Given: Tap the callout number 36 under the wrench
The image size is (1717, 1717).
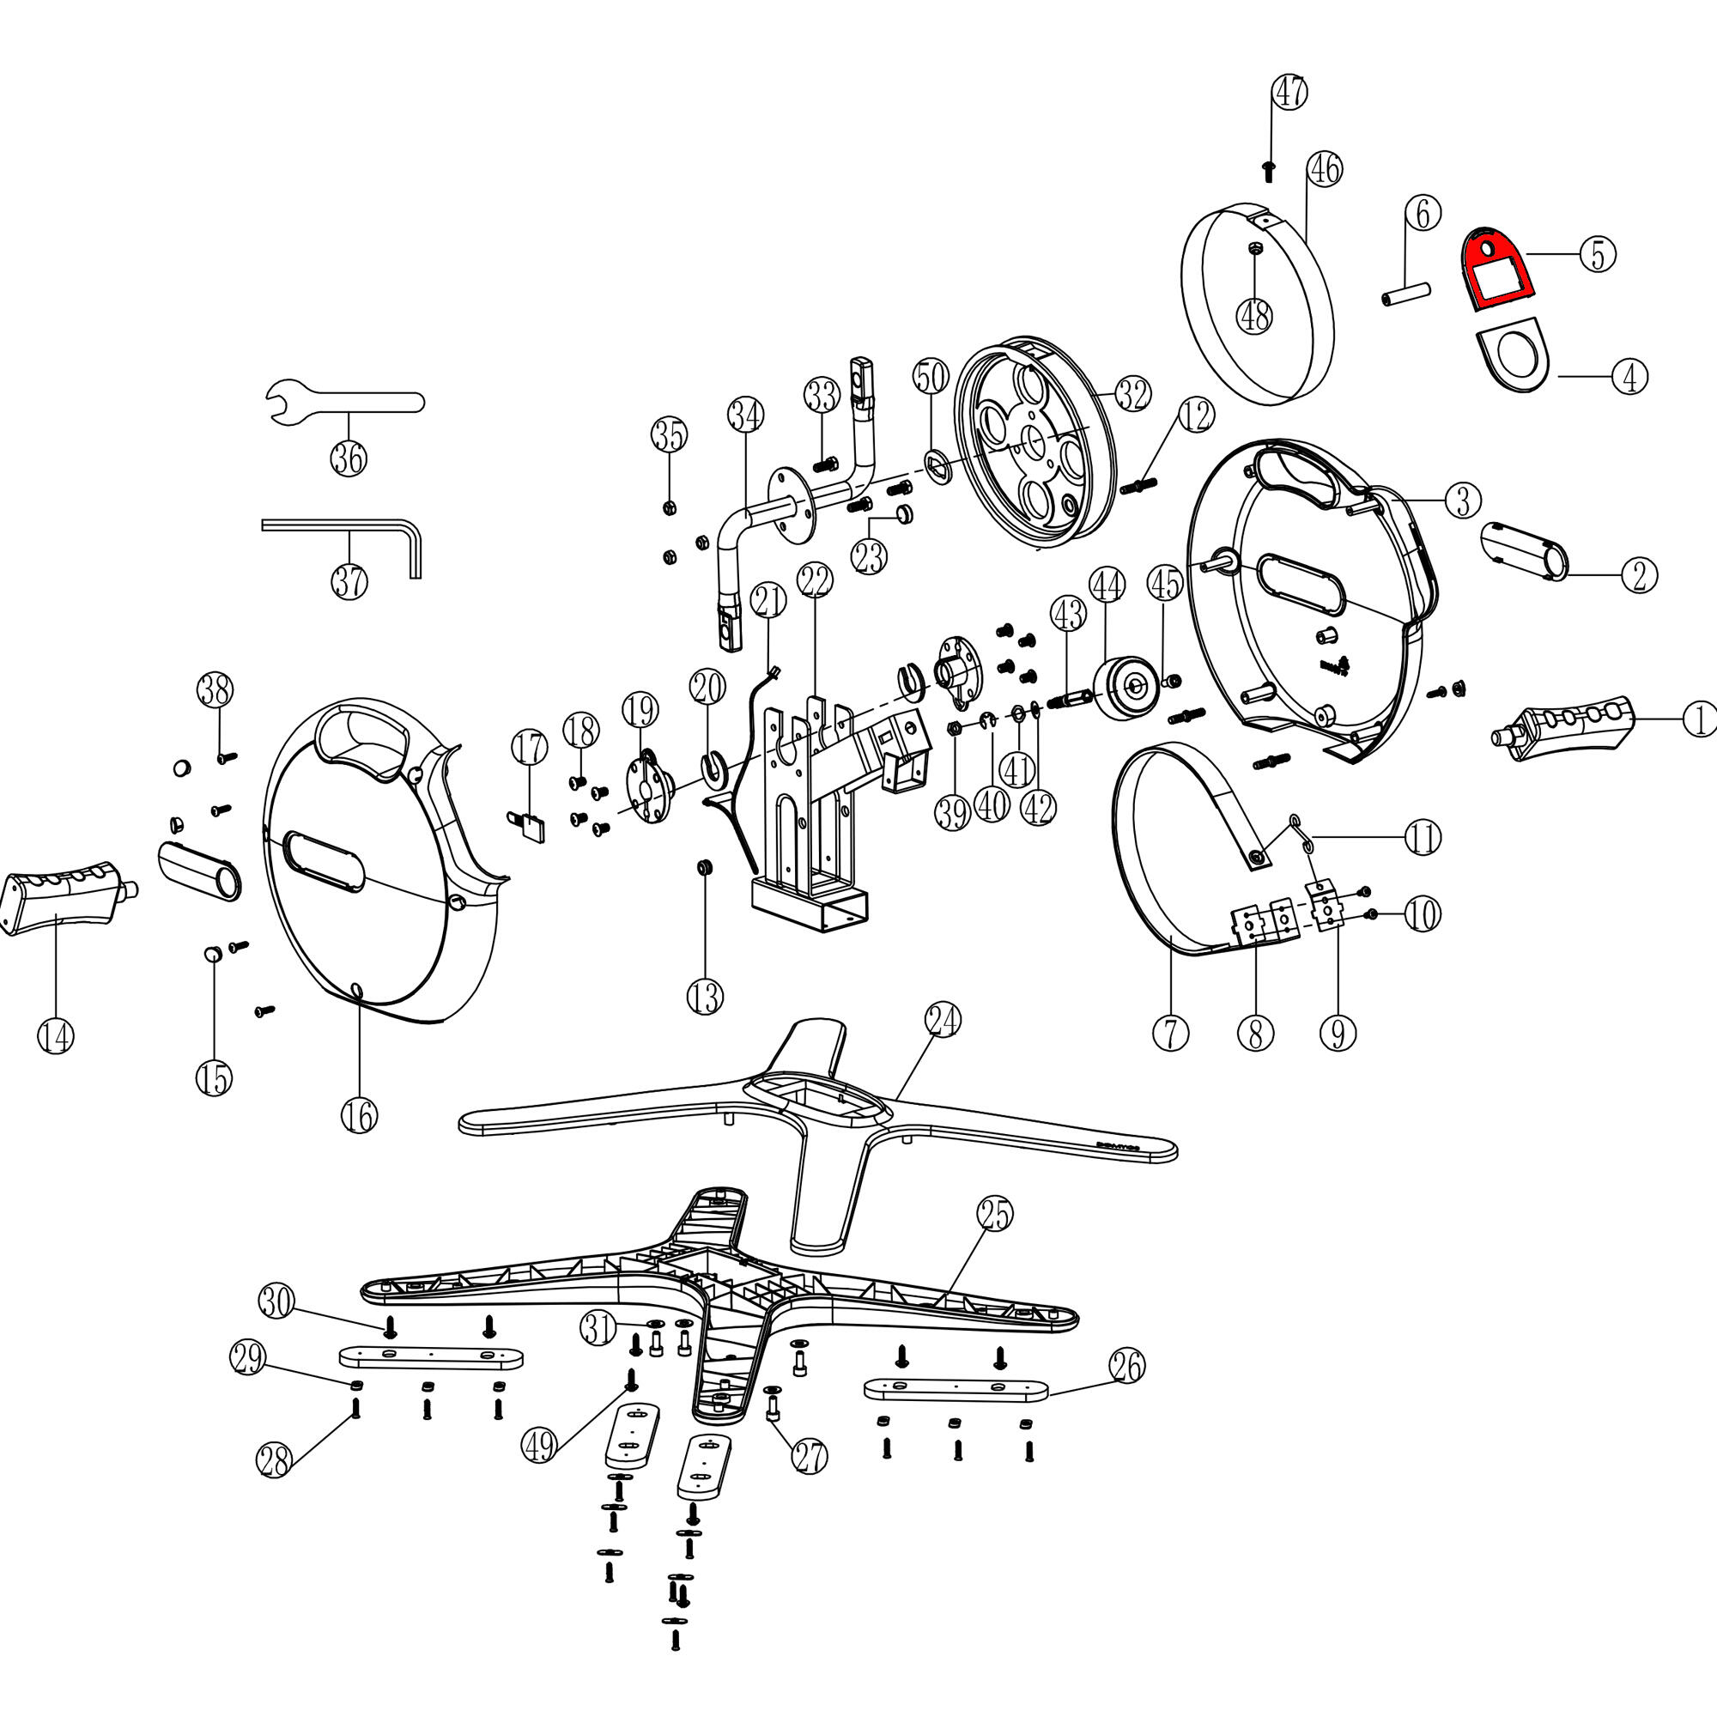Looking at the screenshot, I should point(349,458).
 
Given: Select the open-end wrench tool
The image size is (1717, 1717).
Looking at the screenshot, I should point(347,403).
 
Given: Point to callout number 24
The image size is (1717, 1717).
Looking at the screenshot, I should point(943,1019).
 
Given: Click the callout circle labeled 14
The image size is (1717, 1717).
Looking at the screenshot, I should point(55,1037).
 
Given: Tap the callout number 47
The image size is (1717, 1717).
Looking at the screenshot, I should point(1290,92).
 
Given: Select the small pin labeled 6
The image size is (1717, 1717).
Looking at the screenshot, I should point(1406,293).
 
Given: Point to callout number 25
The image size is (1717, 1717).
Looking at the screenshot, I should point(995,1214).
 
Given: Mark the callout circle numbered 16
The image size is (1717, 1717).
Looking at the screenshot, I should point(359,1115).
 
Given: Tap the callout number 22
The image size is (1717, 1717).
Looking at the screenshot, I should point(815,581).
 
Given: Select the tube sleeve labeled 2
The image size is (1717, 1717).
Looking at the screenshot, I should point(1524,551).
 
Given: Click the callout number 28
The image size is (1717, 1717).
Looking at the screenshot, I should point(274,1461).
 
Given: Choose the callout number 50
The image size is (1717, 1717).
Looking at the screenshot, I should point(931,377).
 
